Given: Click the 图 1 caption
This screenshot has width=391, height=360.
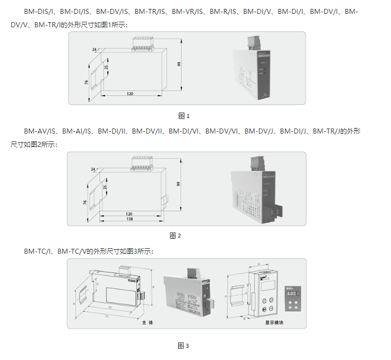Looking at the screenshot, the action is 184,116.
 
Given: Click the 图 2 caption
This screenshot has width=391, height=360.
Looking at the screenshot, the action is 175,235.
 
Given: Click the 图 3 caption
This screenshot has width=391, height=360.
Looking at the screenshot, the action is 184,346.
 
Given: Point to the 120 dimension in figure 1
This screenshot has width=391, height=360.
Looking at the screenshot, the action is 130,93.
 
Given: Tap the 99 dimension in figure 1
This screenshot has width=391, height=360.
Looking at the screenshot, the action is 179,64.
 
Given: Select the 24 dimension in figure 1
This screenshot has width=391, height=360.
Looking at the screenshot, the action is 94,50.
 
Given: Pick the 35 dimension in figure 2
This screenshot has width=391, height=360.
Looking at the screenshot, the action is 105,188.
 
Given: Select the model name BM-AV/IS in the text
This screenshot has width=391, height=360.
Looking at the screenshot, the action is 40,131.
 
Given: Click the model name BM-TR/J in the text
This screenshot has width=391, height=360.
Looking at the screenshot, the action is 326,131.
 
